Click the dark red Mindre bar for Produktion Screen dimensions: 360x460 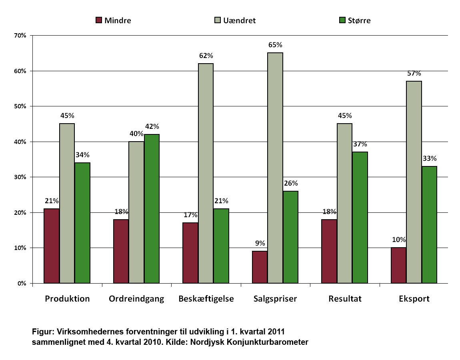(x=52, y=246)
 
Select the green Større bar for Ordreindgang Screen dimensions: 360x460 (x=152, y=209)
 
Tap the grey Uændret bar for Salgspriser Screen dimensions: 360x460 (x=275, y=168)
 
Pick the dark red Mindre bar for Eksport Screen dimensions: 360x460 (x=398, y=266)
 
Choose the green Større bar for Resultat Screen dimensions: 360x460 (x=360, y=218)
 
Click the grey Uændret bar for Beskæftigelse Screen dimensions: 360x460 (x=206, y=173)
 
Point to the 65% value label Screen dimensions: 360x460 (x=275, y=45)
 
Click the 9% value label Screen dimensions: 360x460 (x=260, y=243)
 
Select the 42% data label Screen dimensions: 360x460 (x=152, y=126)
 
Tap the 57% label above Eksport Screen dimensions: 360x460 (x=414, y=73)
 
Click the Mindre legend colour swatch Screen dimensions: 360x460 (x=99, y=20)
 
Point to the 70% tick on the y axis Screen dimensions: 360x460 (x=20, y=36)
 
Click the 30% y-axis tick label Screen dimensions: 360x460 (x=20, y=177)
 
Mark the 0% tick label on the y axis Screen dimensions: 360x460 (x=21, y=284)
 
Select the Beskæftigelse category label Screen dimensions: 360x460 (x=206, y=299)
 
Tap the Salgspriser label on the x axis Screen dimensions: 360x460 (x=275, y=299)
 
